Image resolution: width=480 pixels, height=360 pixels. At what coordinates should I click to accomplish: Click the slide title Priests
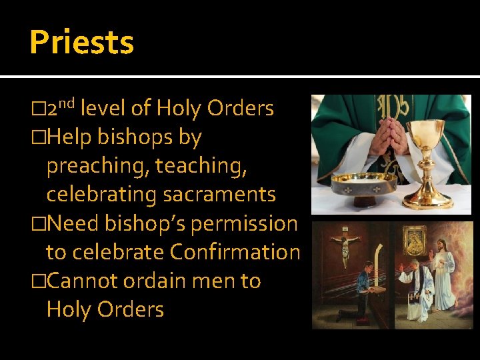click(81, 42)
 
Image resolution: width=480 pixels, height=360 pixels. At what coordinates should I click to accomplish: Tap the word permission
click(244, 223)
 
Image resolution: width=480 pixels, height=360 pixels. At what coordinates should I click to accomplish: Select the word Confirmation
click(235, 252)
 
